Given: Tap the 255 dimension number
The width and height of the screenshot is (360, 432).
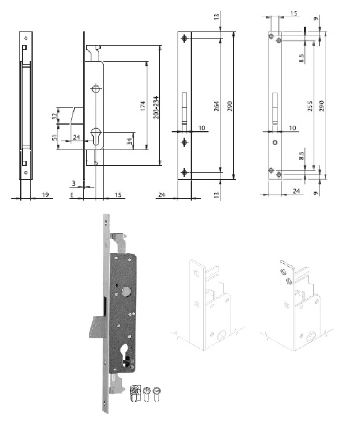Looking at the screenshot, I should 310,106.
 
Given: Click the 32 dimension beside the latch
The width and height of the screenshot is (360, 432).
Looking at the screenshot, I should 55,116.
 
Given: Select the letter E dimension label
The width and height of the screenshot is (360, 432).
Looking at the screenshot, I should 72,193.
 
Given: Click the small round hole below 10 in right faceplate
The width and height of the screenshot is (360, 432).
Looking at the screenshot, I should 274,143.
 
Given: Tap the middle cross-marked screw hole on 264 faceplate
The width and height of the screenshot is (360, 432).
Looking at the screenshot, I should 185,141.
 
